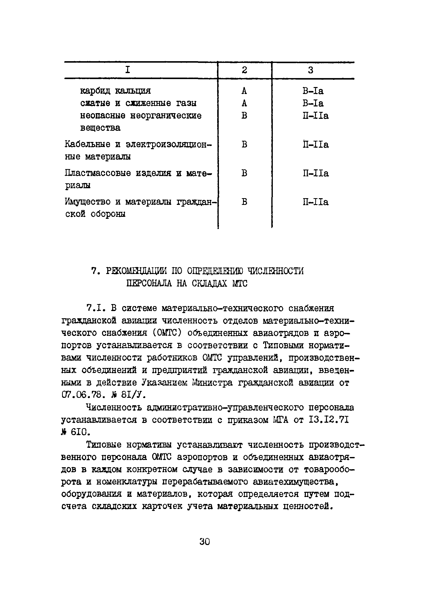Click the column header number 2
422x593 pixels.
pyautogui.click(x=244, y=70)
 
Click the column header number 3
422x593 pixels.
pyautogui.click(x=311, y=70)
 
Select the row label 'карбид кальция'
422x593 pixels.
pyautogui.click(x=115, y=91)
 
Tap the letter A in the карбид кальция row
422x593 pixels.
pyautogui.click(x=244, y=91)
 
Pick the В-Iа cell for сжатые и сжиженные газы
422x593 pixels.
pyautogui.click(x=313, y=103)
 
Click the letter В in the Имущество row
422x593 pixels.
pyautogui.click(x=244, y=202)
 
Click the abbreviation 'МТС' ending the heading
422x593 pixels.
pyautogui.click(x=240, y=283)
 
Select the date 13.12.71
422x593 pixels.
pyautogui.click(x=329, y=420)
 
